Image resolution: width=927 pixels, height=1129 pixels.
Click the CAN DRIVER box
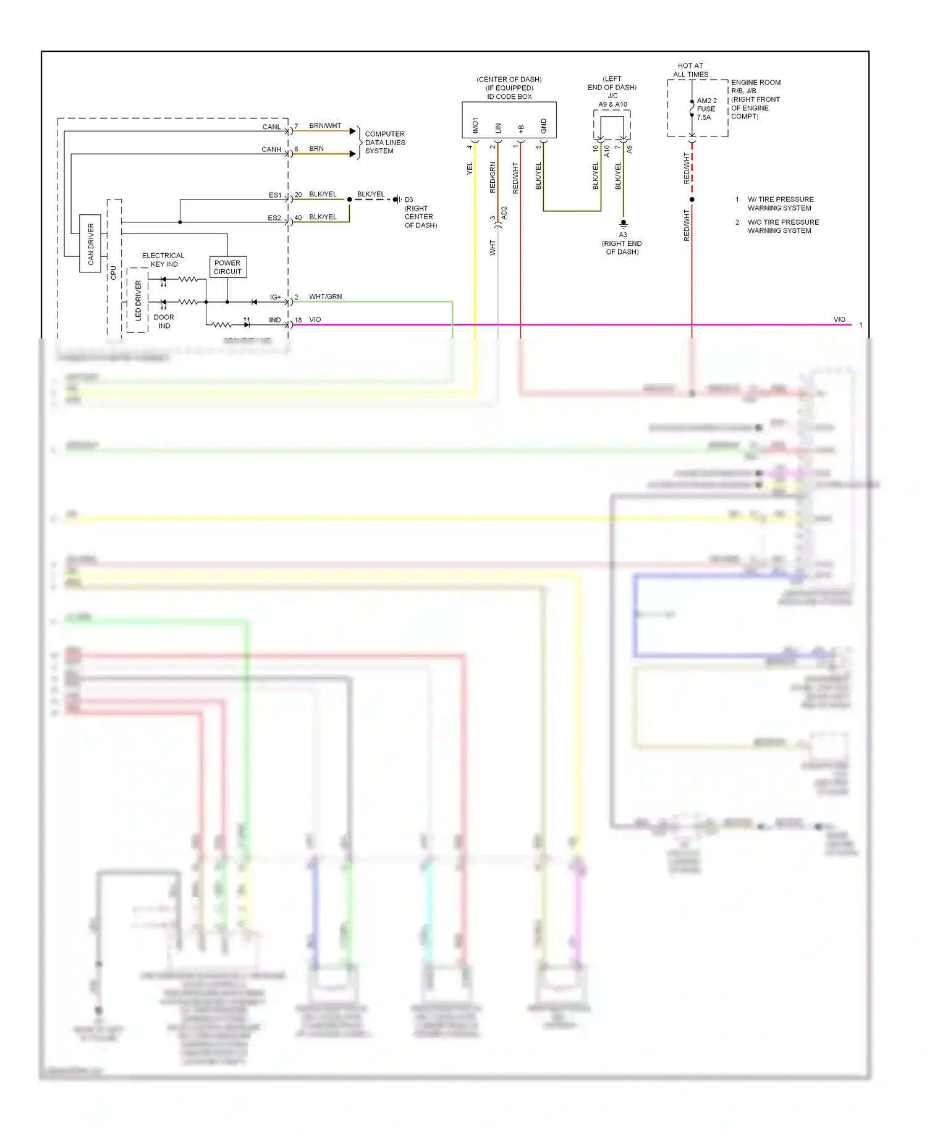pyautogui.click(x=90, y=244)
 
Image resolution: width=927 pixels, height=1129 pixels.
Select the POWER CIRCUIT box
pyautogui.click(x=227, y=267)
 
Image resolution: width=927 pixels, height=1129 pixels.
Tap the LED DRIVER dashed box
pyautogui.click(x=137, y=300)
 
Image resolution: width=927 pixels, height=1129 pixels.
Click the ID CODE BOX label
pyautogui.click(x=509, y=96)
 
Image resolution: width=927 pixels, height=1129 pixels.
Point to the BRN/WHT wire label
pyautogui.click(x=324, y=125)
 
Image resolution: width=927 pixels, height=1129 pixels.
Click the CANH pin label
pyautogui.click(x=271, y=149)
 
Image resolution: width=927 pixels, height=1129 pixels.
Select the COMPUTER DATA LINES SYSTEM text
pyautogui.click(x=384, y=142)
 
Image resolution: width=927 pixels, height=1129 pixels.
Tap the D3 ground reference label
pyautogui.click(x=408, y=199)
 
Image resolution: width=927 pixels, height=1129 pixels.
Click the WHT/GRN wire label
pyautogui.click(x=325, y=296)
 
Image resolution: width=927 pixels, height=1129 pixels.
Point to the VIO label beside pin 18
pyautogui.click(x=315, y=319)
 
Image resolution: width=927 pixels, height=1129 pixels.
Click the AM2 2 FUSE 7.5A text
pyautogui.click(x=706, y=109)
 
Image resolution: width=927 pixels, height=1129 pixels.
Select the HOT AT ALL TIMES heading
pyautogui.click(x=690, y=70)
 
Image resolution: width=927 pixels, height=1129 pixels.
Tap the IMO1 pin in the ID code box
pyautogui.click(x=475, y=125)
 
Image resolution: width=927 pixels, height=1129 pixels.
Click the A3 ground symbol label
pyautogui.click(x=623, y=235)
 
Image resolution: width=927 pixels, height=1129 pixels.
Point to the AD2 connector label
pyautogui.click(x=504, y=213)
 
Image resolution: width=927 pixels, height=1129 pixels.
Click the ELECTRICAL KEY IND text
pyautogui.click(x=163, y=259)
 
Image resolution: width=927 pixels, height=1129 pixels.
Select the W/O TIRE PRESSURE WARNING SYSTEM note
pyautogui.click(x=782, y=226)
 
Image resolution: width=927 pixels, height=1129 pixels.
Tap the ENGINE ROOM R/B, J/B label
pyautogui.click(x=755, y=86)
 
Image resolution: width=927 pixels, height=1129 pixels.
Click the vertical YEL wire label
pyautogui.click(x=470, y=169)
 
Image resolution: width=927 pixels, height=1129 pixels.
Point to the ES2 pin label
pyautogui.click(x=274, y=217)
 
